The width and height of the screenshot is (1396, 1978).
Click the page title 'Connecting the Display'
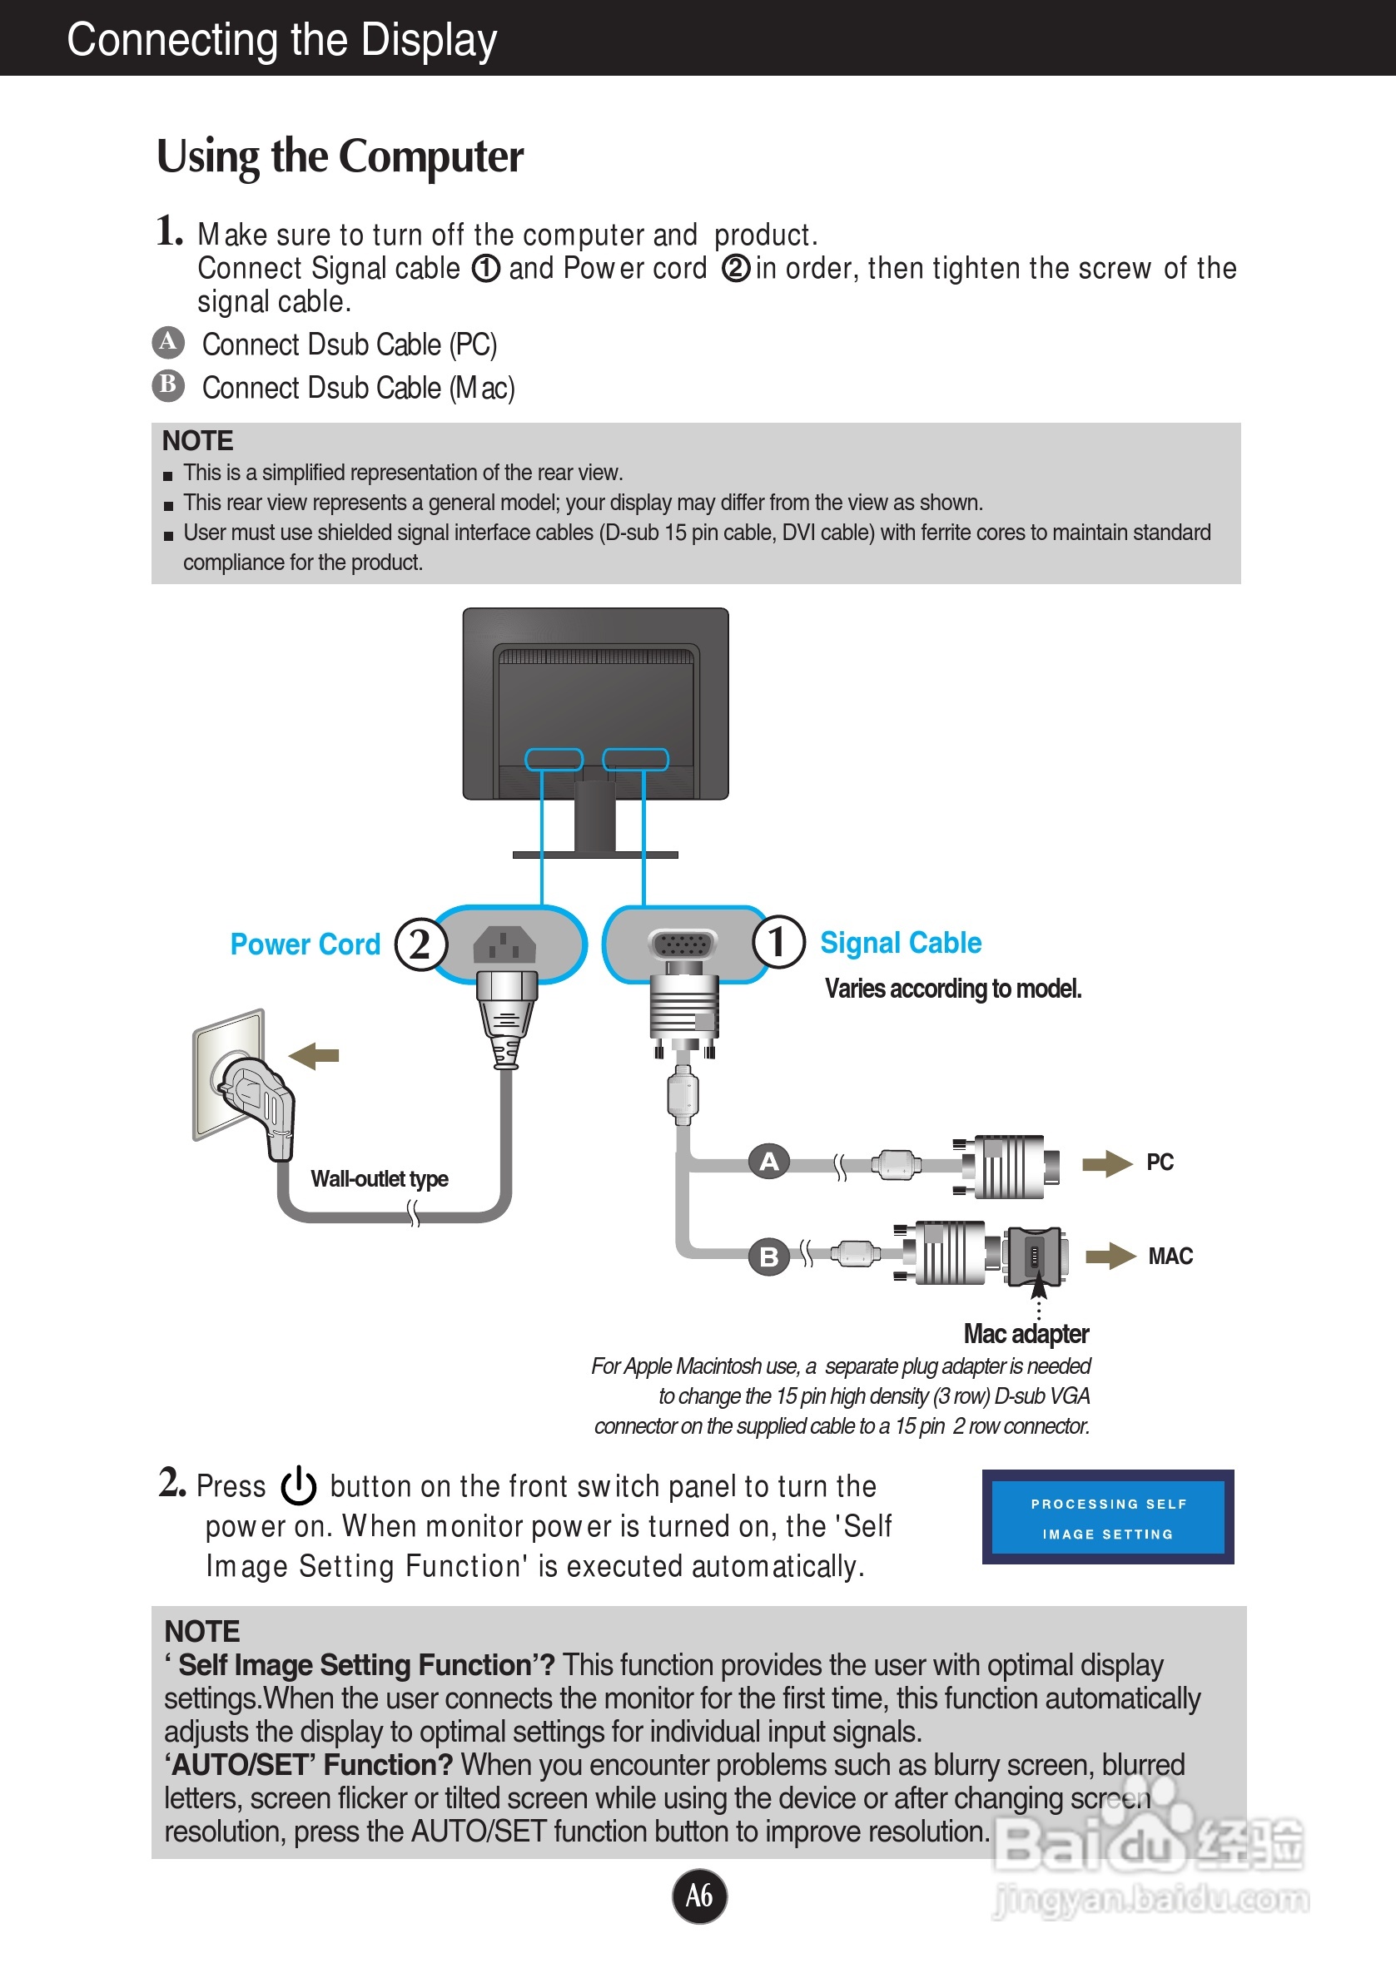282,40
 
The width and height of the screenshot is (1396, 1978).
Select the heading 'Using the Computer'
340,157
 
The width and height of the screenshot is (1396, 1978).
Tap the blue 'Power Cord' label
305,944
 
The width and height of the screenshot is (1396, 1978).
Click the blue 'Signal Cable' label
901,944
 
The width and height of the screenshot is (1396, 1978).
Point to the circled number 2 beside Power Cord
420,944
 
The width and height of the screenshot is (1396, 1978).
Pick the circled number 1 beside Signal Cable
779,942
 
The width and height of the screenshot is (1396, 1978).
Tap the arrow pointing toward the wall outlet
314,1055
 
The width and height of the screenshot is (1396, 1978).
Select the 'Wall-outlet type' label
379,1178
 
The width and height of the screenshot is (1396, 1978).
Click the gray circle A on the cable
768,1162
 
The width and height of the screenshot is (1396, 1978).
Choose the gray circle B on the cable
768,1256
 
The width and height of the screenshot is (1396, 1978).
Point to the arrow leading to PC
1107,1163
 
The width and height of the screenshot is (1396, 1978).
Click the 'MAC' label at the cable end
1170,1256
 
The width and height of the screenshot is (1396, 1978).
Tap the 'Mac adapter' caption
1026,1334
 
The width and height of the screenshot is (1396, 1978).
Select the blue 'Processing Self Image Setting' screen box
1108,1517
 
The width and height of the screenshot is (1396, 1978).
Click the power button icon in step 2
299,1485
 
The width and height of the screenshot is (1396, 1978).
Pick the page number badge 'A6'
699,1896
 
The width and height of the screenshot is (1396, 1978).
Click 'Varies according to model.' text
953,988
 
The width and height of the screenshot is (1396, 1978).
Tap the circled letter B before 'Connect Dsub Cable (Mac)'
169,385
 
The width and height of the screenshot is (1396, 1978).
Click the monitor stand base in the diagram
595,855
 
